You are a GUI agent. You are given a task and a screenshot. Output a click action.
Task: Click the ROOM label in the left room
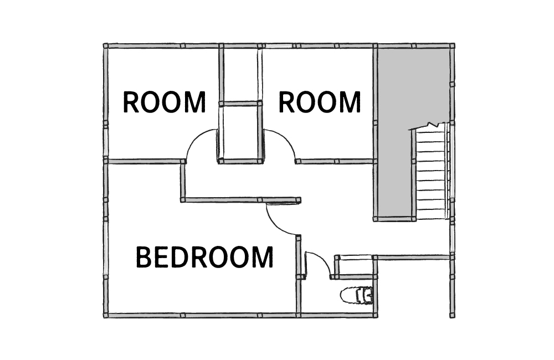click(x=165, y=102)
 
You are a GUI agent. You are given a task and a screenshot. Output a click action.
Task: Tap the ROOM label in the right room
click(x=320, y=102)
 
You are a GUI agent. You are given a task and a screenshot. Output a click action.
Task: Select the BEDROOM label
click(x=204, y=257)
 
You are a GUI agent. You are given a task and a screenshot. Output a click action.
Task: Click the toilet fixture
click(x=356, y=295)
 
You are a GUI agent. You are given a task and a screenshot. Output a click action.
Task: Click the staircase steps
click(x=430, y=174)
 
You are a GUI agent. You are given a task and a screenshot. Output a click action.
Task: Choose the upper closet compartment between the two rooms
click(x=241, y=75)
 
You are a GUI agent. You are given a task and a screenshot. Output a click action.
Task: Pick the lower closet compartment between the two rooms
click(x=241, y=132)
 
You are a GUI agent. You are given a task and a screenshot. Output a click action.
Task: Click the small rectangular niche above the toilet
click(x=355, y=266)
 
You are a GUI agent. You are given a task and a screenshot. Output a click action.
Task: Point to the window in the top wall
click(x=279, y=45)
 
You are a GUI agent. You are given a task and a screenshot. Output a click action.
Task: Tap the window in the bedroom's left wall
click(x=106, y=249)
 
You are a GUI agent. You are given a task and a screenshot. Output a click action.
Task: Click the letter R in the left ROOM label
click(x=130, y=102)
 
